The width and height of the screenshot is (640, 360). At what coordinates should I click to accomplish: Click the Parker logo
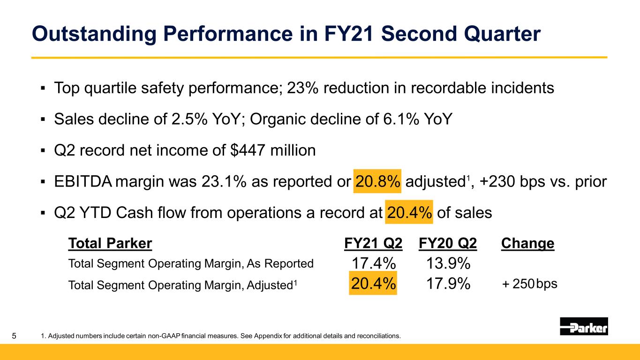click(584, 326)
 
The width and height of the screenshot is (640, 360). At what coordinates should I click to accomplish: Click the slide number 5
click(14, 336)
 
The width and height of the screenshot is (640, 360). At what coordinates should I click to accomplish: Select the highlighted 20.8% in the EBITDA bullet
click(377, 181)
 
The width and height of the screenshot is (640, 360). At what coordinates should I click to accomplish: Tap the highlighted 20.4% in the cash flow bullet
click(409, 212)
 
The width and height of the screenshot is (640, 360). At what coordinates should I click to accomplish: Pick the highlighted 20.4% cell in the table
click(373, 283)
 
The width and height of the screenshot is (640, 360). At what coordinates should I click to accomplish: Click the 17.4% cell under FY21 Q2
click(373, 263)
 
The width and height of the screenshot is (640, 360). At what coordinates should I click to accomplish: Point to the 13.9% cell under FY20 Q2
click(448, 263)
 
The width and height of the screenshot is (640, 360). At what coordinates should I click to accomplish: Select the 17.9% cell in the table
click(448, 284)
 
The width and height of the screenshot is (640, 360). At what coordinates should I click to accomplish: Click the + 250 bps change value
click(529, 284)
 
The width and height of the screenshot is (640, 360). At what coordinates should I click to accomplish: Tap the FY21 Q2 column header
click(373, 243)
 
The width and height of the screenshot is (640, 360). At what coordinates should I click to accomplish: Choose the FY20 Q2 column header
click(448, 243)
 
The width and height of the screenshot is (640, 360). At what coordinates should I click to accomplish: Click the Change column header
click(528, 243)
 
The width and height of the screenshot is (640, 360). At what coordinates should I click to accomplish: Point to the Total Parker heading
click(110, 243)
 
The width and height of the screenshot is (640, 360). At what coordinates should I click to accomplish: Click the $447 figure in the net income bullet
click(248, 150)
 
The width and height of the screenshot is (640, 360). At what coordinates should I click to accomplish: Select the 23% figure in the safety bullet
click(302, 88)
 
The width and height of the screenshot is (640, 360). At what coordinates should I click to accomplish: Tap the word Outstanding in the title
click(94, 34)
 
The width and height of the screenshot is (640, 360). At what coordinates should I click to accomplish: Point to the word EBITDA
click(83, 181)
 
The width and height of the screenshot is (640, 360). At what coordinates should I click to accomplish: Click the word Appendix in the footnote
click(268, 336)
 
